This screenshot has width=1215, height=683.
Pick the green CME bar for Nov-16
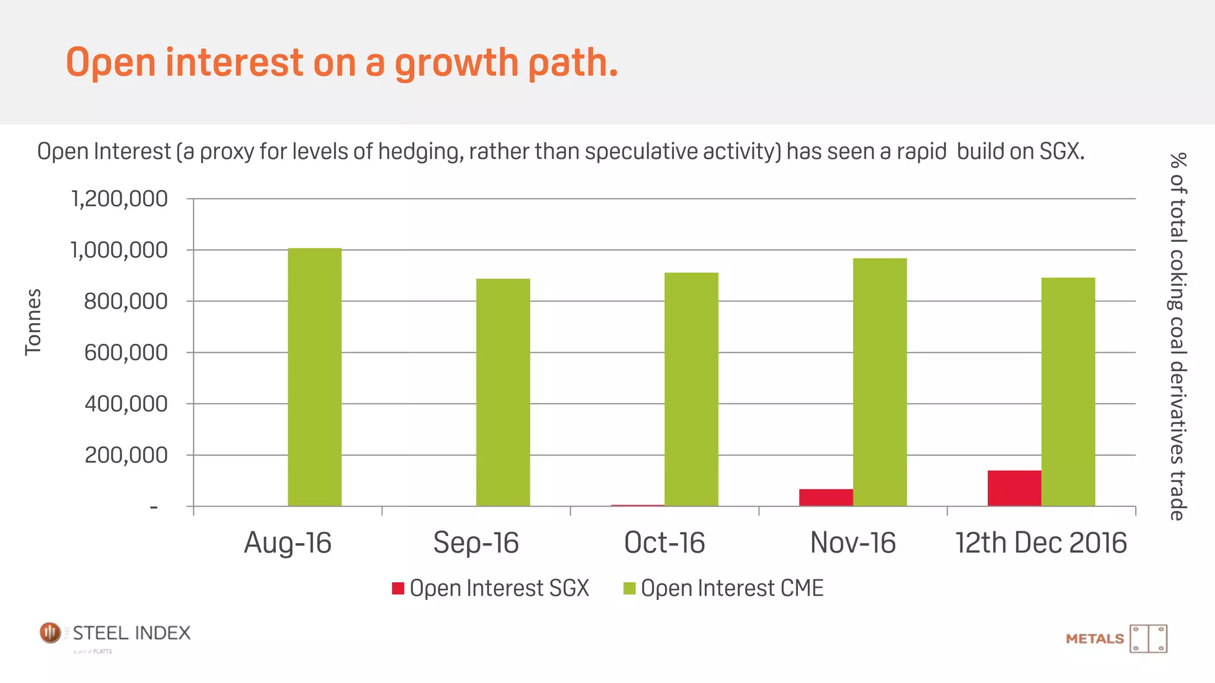click(880, 382)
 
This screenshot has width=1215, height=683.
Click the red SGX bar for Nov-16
click(826, 497)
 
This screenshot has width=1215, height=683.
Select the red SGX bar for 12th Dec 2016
click(1014, 488)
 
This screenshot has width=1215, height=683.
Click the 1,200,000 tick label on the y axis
click(119, 199)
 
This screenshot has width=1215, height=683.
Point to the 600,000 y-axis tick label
click(126, 353)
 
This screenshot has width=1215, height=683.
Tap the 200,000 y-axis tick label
click(126, 455)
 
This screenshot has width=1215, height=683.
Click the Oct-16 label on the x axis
click(664, 542)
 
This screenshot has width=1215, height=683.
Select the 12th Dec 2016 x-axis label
click(1041, 542)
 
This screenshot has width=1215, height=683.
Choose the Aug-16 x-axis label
click(288, 542)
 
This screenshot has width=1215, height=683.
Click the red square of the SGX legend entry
click(398, 588)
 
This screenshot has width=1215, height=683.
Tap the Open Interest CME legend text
click(732, 588)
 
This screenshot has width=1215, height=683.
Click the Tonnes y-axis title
click(33, 322)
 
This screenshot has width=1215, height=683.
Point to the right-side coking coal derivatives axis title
click(1177, 336)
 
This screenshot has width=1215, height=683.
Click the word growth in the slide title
click(456, 63)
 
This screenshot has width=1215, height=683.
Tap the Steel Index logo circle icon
click(50, 633)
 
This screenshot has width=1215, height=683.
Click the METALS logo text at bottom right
click(1095, 639)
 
